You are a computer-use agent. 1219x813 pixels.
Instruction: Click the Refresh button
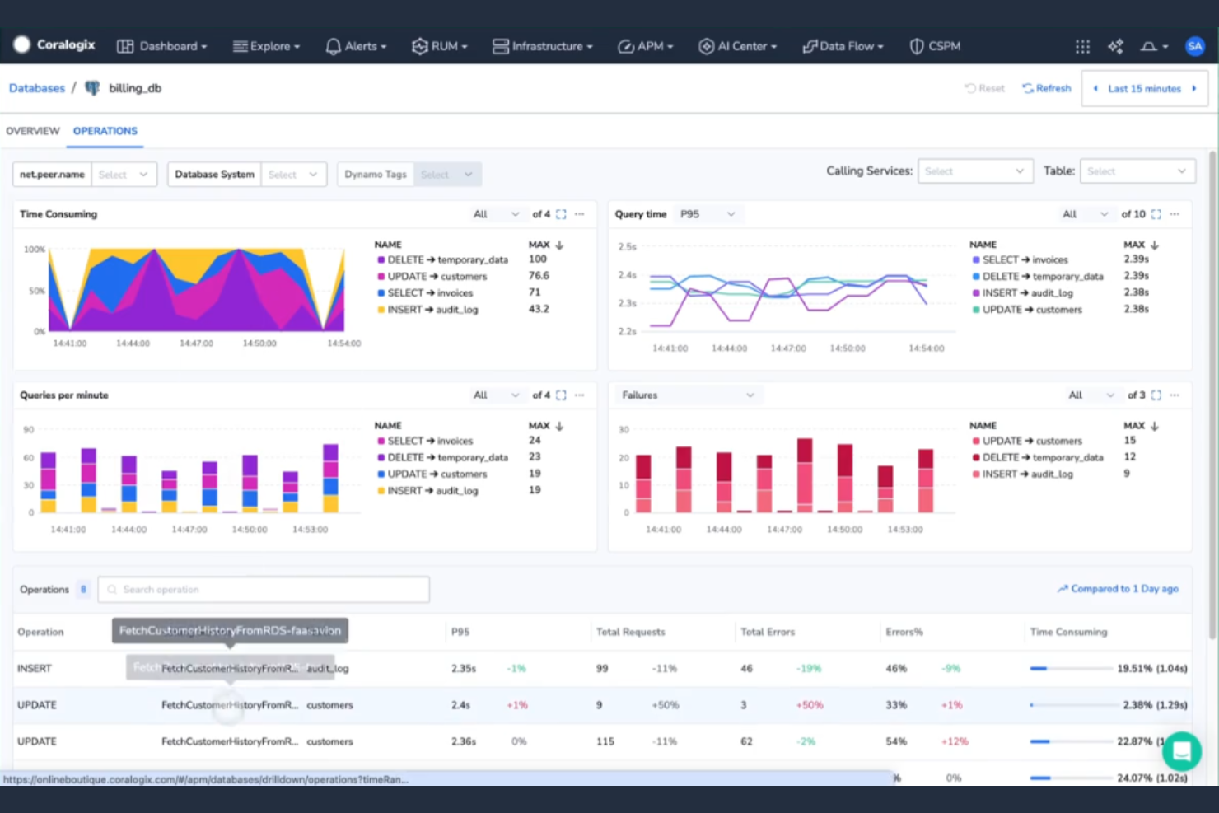1047,88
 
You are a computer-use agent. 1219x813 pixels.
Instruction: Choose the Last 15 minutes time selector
1144,88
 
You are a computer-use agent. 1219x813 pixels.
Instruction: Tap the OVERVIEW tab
33,131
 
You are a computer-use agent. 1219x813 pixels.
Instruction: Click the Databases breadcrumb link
37,88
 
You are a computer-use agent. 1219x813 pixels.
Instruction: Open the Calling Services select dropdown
974,171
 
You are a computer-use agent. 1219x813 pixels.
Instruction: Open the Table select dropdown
1137,171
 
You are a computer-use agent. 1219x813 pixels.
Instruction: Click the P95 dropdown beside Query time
707,214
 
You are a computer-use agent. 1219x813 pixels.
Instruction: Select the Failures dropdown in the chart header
687,395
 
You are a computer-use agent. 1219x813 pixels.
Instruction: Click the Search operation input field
264,590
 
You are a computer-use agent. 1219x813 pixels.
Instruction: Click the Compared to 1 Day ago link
1118,589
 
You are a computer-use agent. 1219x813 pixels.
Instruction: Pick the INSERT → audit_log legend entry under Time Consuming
432,310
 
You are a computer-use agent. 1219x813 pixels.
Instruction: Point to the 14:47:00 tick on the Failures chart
784,530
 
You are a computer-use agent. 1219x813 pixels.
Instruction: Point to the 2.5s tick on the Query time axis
627,246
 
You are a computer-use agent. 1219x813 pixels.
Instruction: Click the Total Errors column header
768,632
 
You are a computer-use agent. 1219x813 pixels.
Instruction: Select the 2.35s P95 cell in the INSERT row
464,669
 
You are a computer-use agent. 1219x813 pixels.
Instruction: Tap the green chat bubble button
1182,750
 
